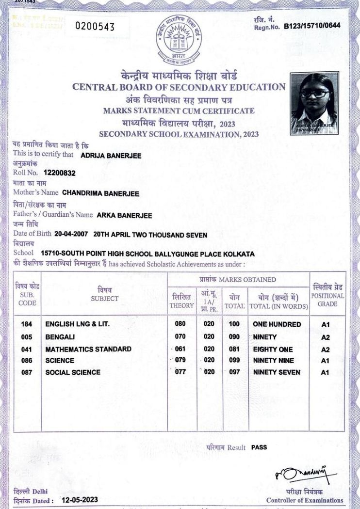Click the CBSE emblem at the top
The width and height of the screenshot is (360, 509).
180,42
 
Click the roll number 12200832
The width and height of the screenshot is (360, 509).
60,173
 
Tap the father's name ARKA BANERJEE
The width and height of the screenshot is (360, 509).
124,215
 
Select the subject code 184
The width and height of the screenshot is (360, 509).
27,324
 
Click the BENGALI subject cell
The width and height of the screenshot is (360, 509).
60,336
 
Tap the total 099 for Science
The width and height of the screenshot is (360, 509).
235,361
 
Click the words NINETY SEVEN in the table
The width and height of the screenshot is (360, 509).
277,372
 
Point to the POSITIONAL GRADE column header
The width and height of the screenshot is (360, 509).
327,295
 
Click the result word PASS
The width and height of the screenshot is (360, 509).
259,447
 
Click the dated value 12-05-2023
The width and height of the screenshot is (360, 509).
80,500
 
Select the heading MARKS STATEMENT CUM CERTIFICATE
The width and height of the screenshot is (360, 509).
179,111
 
